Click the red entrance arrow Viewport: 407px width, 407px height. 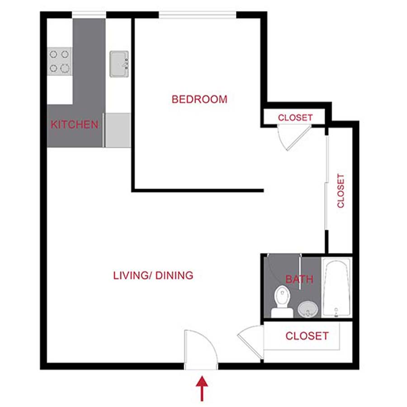click(x=202, y=389)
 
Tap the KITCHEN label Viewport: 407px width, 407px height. click(x=74, y=124)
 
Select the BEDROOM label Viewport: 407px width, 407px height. click(x=199, y=99)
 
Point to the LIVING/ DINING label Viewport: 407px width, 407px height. click(x=153, y=275)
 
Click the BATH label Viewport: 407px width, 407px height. click(x=299, y=279)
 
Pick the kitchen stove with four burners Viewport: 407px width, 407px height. click(x=59, y=62)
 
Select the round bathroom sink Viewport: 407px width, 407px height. click(x=308, y=310)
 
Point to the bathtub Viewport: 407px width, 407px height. click(x=336, y=288)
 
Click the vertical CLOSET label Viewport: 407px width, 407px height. click(x=341, y=191)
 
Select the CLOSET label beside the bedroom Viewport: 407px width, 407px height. click(x=295, y=118)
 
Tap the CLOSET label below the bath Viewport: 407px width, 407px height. click(x=307, y=336)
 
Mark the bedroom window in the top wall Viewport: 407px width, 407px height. click(x=198, y=15)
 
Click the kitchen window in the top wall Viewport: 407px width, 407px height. click(x=89, y=15)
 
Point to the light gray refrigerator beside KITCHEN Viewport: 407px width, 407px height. click(x=118, y=130)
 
